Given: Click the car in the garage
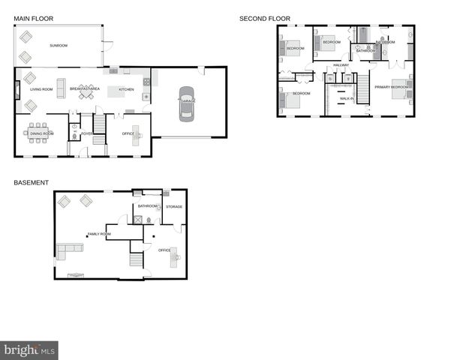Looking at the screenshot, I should click(185, 104).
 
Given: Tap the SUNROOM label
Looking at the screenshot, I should click(59, 46).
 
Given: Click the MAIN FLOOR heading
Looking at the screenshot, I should click(34, 19).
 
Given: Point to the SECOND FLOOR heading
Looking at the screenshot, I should click(264, 19).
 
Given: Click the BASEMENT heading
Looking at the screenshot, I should click(31, 182).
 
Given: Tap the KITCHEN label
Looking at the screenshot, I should click(126, 89).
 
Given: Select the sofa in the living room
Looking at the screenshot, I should click(59, 84).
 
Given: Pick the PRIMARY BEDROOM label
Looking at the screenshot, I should click(392, 87).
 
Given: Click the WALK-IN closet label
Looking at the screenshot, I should click(347, 98).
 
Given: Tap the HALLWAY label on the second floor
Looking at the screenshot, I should click(341, 65).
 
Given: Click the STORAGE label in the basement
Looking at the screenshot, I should click(174, 207).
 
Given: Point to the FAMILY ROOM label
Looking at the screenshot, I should click(98, 234).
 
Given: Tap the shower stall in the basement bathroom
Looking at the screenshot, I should click(137, 219).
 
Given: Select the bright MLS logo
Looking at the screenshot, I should click(29, 349).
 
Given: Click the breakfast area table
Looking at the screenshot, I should click(86, 90).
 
